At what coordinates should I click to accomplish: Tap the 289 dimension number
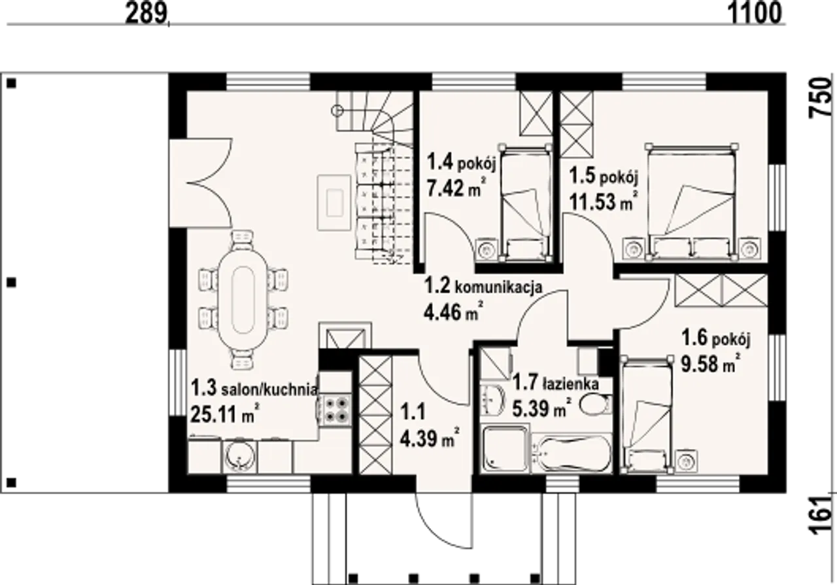coord(146,14)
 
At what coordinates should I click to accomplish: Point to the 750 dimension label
coord(821,98)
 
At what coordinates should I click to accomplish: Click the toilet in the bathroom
coord(596,405)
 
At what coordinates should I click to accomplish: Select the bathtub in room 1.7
coord(572,454)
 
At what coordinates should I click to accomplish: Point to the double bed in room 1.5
coord(692,202)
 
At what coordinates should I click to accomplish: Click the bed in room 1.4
coord(525,202)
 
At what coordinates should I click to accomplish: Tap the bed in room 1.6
coord(645,415)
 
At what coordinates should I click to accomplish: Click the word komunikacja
coord(498,288)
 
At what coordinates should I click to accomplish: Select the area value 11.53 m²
coord(603,202)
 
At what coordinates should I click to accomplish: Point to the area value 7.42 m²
coord(456,188)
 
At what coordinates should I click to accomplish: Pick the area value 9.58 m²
coord(711,364)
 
